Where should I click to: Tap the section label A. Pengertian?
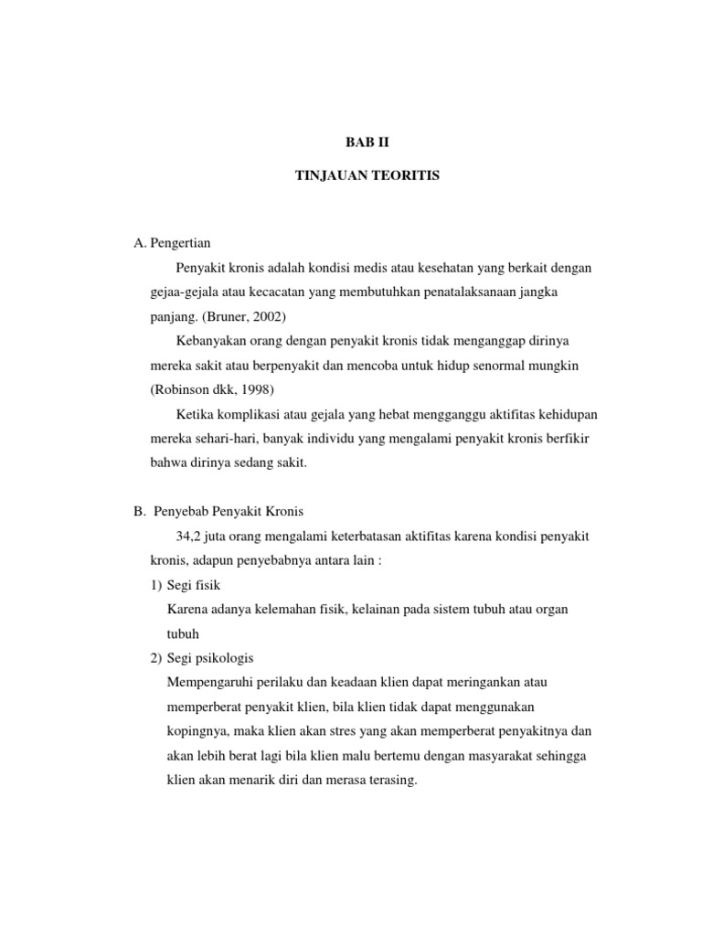point(172,243)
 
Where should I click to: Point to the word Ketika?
point(194,414)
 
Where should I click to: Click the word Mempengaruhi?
point(215,683)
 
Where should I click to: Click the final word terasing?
point(389,782)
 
